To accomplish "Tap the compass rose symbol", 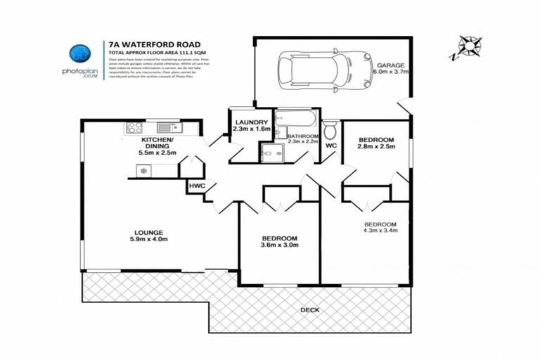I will point(466,47).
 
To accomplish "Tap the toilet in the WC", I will point(330,130).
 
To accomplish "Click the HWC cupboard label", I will point(195,186).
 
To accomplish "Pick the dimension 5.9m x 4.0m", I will point(148,240).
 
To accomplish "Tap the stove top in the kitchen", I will point(134,127).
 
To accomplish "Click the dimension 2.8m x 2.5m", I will point(375,147).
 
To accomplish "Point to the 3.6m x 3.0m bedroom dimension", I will point(281,245).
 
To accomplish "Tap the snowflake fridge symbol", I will point(143,171).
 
